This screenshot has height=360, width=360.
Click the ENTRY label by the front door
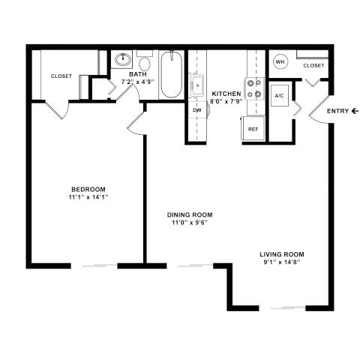(x=338, y=112)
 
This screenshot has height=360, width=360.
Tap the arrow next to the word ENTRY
(x=355, y=112)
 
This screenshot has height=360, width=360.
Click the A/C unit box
(x=279, y=97)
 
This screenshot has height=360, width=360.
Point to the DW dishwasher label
(x=197, y=110)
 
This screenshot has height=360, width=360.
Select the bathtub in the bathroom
(x=171, y=76)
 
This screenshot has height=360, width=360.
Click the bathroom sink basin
(x=122, y=61)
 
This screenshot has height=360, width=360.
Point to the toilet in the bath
(x=145, y=63)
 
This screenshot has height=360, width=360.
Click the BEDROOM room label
(x=88, y=189)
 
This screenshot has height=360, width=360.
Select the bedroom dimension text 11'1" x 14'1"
(x=88, y=198)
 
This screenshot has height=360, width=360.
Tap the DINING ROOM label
(x=187, y=214)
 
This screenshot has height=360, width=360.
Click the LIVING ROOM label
(x=282, y=254)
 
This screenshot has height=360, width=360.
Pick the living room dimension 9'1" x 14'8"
(x=282, y=263)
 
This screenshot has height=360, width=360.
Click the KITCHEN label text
(x=226, y=94)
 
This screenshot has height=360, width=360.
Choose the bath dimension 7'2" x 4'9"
(x=138, y=82)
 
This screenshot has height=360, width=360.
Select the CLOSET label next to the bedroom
(x=61, y=76)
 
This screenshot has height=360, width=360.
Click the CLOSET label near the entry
(x=314, y=66)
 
